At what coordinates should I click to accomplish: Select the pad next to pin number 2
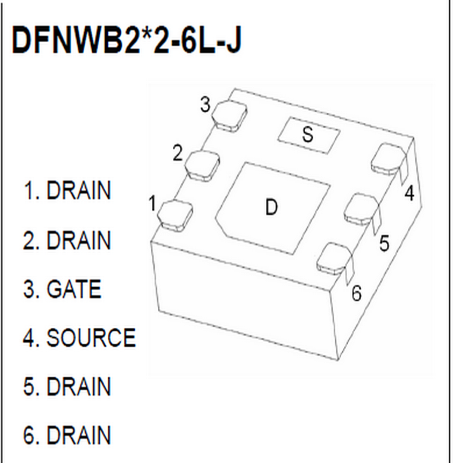pyautogui.click(x=202, y=165)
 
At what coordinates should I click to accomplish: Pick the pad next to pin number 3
pyautogui.click(x=229, y=116)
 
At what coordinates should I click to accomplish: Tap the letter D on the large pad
pyautogui.click(x=271, y=207)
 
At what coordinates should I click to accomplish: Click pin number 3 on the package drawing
pyautogui.click(x=205, y=105)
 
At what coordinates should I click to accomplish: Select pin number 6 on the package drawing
pyautogui.click(x=356, y=293)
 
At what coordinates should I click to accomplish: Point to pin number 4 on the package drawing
pyautogui.click(x=410, y=194)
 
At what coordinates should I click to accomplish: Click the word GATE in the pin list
pyautogui.click(x=74, y=290)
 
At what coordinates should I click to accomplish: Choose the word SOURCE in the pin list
pyautogui.click(x=91, y=338)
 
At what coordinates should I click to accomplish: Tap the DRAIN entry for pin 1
pyautogui.click(x=78, y=191)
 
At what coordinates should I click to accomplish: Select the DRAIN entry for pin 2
pyautogui.click(x=78, y=241)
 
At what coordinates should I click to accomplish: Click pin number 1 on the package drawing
pyautogui.click(x=152, y=204)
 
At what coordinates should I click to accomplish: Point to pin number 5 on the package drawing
pyautogui.click(x=384, y=244)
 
